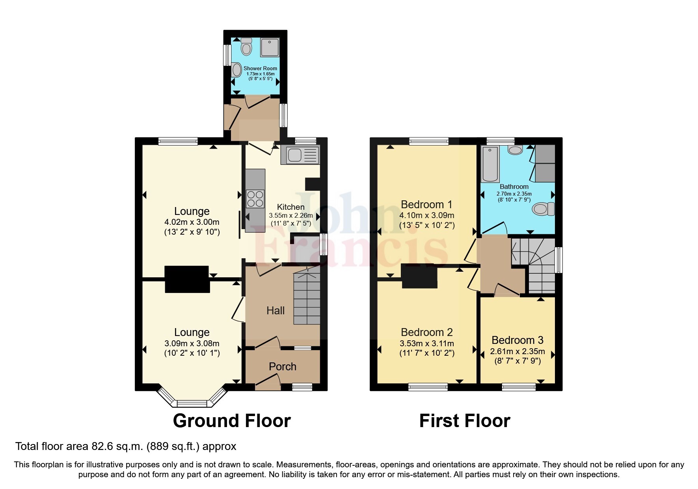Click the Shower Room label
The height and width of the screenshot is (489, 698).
click(x=260, y=68)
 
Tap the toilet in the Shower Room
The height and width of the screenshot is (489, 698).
click(x=246, y=47)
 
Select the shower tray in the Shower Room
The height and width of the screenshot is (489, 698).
click(x=270, y=47)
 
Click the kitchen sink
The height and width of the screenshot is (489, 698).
click(x=300, y=155)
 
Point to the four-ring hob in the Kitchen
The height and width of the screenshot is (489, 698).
click(x=255, y=199)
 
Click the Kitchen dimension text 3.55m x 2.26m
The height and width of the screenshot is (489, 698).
click(x=291, y=216)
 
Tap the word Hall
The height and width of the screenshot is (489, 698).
click(x=275, y=311)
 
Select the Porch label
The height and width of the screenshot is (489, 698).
click(x=282, y=367)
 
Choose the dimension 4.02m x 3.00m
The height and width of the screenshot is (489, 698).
click(x=192, y=222)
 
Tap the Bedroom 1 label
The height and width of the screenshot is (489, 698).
click(x=426, y=205)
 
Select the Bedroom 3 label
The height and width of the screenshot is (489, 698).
click(x=517, y=340)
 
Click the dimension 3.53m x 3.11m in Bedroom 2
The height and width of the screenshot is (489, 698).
click(x=426, y=343)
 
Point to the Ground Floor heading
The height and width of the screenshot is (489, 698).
click(x=232, y=421)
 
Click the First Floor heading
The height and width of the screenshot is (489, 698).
click(x=465, y=421)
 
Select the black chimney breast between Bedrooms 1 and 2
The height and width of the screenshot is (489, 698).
click(x=419, y=276)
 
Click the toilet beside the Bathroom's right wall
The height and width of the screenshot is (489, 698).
click(x=543, y=209)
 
